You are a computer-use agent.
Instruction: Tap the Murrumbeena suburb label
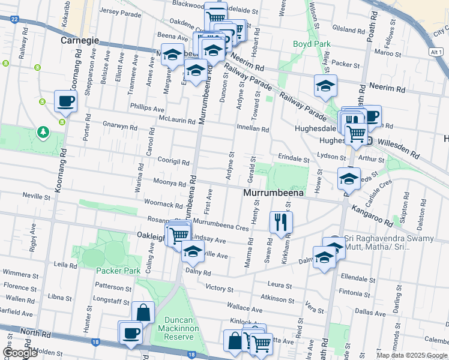click(x=273, y=193)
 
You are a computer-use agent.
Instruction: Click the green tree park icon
click(x=43, y=131)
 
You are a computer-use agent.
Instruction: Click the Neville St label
click(x=36, y=196)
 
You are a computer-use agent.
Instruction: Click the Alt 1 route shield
click(x=437, y=53)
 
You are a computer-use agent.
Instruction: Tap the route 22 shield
click(x=13, y=18)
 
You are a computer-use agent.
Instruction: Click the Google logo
click(x=20, y=352)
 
